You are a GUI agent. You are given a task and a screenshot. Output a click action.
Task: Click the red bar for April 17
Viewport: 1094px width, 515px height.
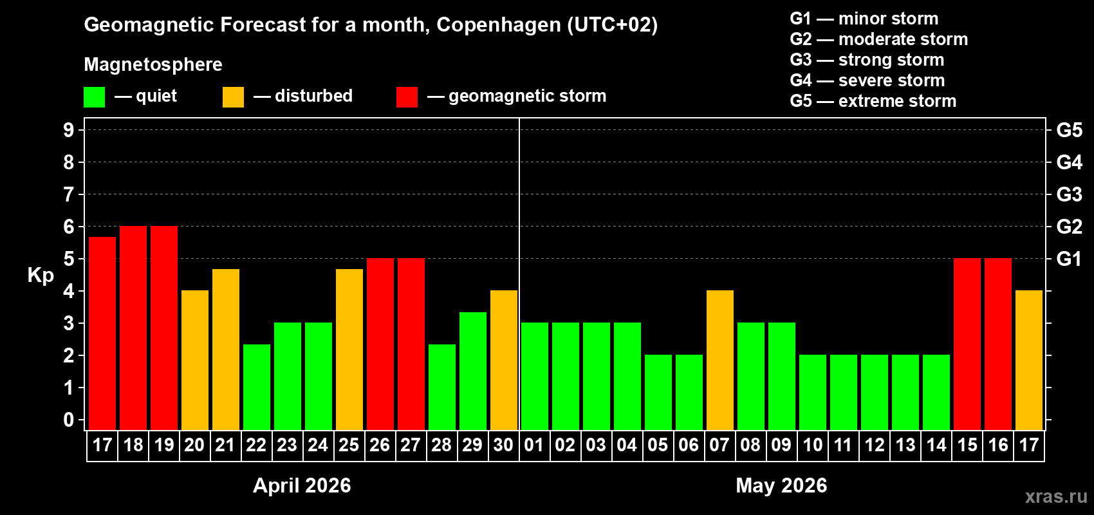[102, 333]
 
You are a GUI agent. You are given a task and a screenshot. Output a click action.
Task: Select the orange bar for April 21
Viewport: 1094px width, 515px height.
[226, 349]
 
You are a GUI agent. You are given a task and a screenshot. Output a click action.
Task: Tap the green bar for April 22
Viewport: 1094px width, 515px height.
[257, 387]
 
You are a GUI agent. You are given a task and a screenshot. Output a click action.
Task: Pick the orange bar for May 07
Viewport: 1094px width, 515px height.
[720, 360]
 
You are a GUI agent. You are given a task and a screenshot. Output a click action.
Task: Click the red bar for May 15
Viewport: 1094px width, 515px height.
[967, 344]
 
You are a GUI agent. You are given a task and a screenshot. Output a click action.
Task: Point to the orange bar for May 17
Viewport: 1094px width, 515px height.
[1029, 360]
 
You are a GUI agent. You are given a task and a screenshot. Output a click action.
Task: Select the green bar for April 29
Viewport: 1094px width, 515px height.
[473, 371]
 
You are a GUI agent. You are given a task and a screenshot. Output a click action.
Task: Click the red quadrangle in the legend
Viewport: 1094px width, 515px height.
[407, 97]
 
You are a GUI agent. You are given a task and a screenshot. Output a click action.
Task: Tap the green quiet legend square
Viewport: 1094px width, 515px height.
[95, 97]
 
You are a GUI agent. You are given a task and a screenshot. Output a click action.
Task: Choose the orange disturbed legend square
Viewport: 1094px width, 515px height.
[233, 97]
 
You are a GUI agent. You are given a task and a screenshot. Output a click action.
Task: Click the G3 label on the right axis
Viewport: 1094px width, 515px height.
[1069, 194]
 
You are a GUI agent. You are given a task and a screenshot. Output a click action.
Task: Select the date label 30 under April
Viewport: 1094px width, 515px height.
[503, 445]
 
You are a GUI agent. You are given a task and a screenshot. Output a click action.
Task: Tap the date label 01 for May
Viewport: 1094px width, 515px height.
[534, 445]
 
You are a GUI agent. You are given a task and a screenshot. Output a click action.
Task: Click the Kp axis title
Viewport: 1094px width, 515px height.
[41, 275]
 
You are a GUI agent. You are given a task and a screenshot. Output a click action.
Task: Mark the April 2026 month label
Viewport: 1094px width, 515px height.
[302, 485]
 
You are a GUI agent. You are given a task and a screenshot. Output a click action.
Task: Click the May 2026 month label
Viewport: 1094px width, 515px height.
[781, 485]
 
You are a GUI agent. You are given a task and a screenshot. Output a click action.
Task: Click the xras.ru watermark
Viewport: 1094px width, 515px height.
[1056, 496]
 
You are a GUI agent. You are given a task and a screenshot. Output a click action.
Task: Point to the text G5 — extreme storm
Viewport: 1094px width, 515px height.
[873, 101]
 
